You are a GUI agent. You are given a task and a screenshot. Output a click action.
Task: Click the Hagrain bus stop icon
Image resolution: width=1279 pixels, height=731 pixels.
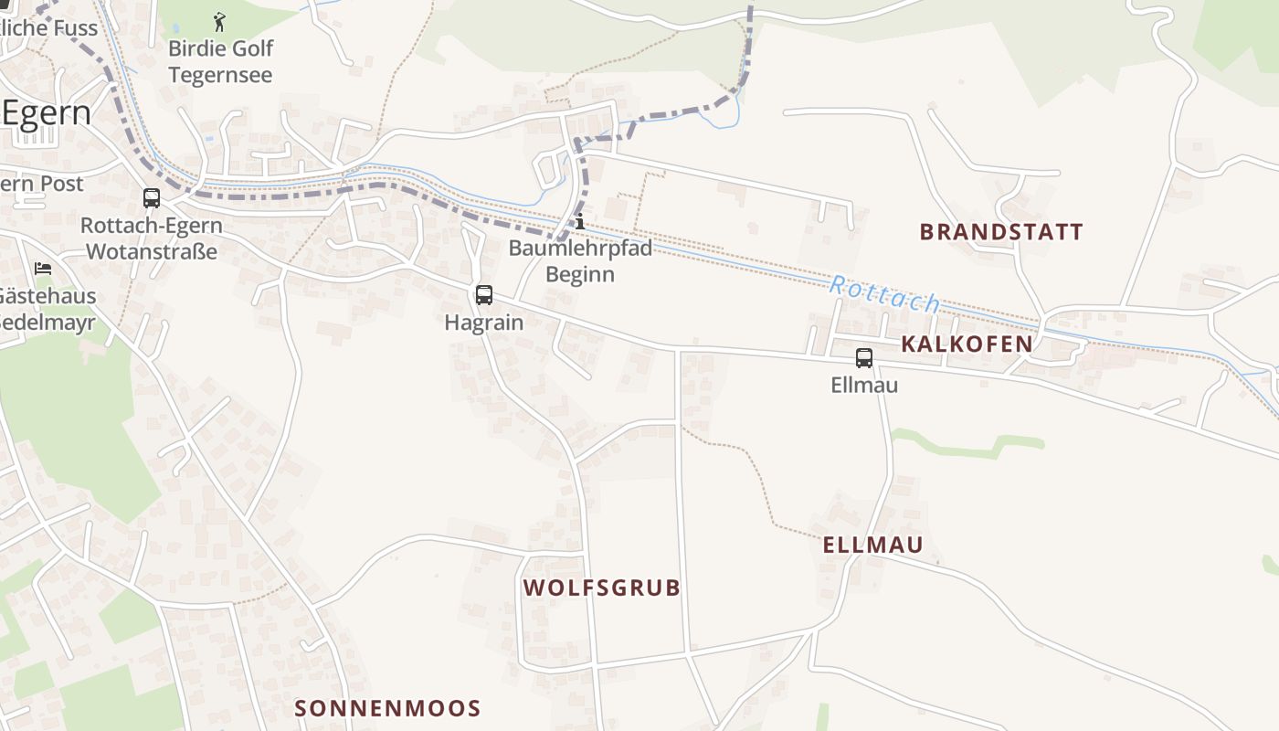(x=484, y=295)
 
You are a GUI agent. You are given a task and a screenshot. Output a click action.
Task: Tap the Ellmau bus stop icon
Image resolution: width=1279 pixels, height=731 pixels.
(x=864, y=357)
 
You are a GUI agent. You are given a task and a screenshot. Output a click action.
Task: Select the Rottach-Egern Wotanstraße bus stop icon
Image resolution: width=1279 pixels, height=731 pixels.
(x=152, y=197)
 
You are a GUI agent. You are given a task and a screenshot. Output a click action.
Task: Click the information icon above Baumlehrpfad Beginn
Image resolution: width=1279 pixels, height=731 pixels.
(x=579, y=221)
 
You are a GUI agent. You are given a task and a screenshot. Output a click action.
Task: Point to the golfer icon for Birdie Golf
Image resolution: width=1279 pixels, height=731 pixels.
(x=219, y=21)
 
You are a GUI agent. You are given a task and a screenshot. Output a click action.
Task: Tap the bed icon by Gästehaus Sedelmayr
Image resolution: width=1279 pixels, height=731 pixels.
(x=43, y=269)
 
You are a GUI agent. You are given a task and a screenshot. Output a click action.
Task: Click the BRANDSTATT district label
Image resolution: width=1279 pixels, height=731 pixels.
(x=1001, y=232)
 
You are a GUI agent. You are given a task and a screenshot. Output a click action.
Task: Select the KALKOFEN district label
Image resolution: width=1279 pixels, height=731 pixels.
(x=967, y=344)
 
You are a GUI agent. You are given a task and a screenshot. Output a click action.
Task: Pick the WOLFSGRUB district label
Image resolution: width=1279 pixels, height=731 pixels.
(x=602, y=588)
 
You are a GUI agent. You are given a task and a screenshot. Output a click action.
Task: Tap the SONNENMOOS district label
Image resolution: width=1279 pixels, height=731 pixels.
(x=387, y=708)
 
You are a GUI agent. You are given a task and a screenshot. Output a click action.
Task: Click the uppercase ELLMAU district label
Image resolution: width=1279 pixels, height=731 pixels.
(x=872, y=546)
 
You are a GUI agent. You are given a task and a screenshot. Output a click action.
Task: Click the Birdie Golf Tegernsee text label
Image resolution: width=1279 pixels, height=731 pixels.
(x=220, y=61)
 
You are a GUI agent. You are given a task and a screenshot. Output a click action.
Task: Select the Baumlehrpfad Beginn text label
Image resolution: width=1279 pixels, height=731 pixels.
(x=580, y=260)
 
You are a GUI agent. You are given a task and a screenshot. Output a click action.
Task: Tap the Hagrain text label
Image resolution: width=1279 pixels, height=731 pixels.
(x=484, y=323)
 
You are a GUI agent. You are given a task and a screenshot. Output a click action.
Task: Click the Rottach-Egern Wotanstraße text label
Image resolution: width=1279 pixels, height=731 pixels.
(x=151, y=238)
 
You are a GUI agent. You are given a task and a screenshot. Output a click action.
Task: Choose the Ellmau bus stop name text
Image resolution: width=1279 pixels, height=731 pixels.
(x=864, y=385)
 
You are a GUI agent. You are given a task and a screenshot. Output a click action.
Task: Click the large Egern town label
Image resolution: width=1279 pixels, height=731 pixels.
(x=46, y=113)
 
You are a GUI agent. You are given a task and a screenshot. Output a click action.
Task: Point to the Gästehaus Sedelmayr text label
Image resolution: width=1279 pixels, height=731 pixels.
(x=48, y=309)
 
